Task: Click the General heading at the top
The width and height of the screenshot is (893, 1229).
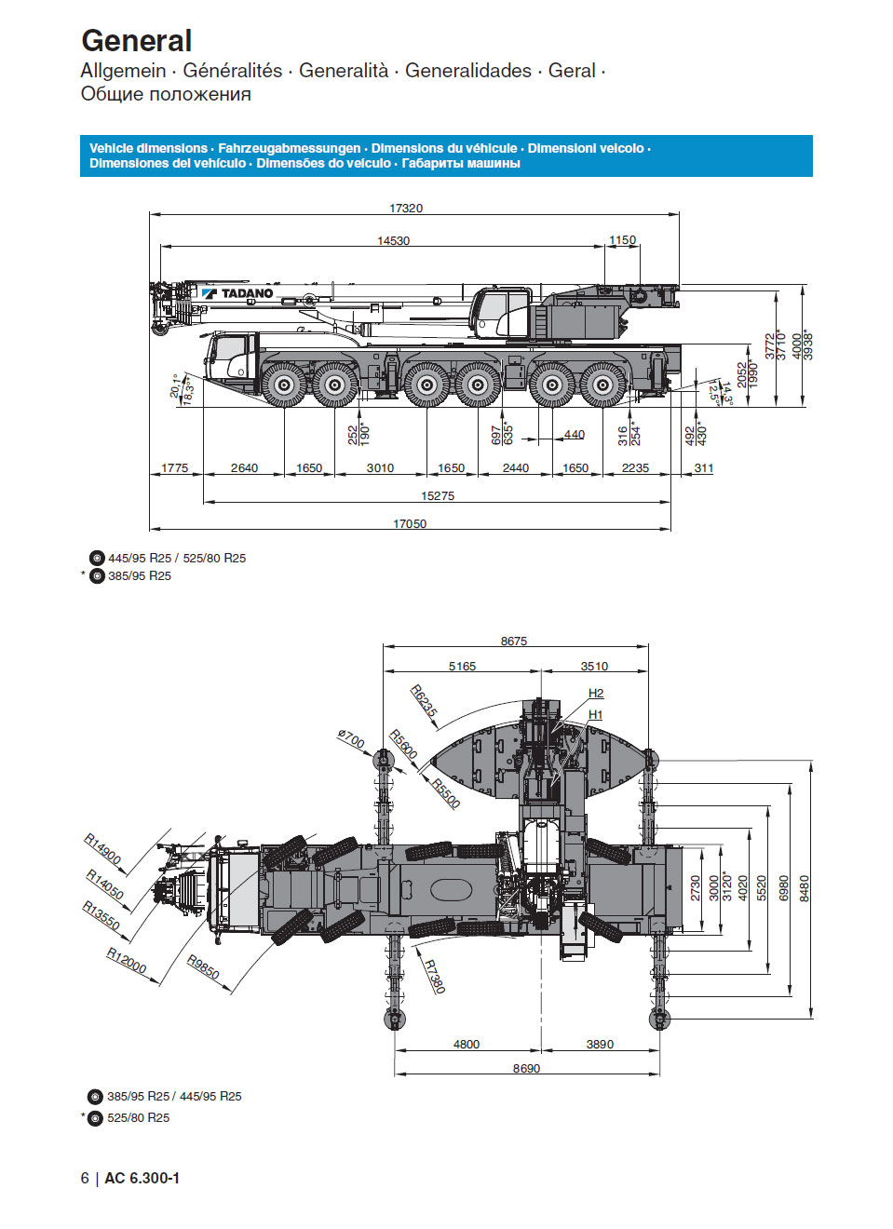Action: (137, 41)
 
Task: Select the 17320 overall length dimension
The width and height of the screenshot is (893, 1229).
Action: (406, 208)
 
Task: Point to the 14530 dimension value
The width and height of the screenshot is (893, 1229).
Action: (393, 240)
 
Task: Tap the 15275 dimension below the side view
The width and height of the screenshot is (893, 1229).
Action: (438, 495)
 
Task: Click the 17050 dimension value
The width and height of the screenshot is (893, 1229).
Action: (410, 523)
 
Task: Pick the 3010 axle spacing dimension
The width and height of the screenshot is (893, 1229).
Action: (380, 467)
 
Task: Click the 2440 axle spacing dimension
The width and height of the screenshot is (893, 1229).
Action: (515, 467)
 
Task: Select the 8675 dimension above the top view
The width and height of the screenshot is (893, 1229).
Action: (514, 641)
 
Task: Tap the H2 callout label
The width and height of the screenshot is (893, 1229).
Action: (596, 693)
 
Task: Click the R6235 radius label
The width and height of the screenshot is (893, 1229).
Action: (424, 700)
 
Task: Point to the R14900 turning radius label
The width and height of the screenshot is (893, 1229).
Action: (103, 848)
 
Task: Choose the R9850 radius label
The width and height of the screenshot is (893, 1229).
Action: (203, 967)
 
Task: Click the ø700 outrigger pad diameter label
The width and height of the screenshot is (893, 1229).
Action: (351, 739)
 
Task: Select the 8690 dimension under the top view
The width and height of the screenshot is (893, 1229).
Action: (526, 1068)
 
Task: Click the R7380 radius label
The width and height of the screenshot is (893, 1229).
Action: (435, 976)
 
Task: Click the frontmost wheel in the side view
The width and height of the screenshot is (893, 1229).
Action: (284, 384)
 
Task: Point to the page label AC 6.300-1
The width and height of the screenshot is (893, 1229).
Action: (142, 1178)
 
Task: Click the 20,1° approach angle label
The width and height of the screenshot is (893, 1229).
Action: (175, 385)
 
